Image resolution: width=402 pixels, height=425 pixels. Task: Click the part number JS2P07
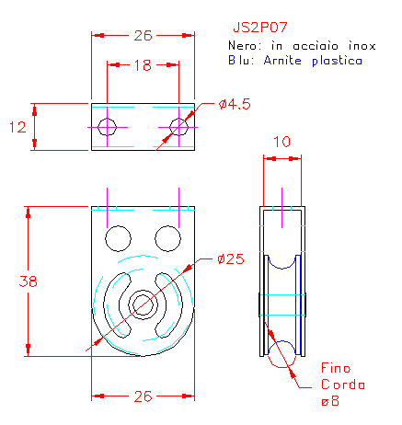click(260, 28)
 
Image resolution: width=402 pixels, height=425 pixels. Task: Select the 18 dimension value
click(143, 65)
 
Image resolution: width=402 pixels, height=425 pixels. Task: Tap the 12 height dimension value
click(17, 127)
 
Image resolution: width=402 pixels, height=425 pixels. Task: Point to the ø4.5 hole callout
click(235, 104)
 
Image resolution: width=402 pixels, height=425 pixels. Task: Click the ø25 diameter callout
click(231, 259)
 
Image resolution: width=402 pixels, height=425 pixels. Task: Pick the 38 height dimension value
click(28, 281)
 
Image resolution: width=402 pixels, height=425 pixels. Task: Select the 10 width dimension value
click(281, 142)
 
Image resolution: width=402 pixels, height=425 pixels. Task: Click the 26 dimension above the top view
click(143, 36)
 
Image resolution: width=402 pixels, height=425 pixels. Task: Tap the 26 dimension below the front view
click(143, 396)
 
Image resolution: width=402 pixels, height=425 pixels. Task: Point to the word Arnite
click(282, 60)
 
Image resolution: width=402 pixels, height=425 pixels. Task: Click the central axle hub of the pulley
click(143, 305)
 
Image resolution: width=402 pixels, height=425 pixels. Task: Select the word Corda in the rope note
click(343, 385)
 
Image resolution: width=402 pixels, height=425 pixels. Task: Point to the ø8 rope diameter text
click(330, 401)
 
